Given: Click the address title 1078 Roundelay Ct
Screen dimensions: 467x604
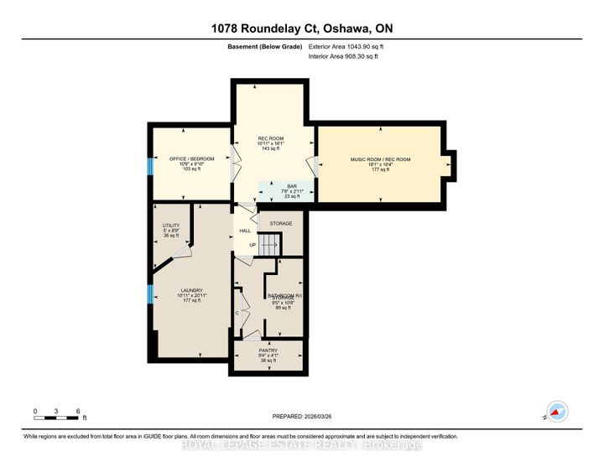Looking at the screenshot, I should click(x=302, y=27).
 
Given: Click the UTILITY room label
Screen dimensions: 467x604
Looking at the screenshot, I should click(x=171, y=226).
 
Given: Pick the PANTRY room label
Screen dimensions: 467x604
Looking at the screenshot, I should click(x=268, y=350).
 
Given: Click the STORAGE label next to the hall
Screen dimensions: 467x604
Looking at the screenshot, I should click(x=281, y=223).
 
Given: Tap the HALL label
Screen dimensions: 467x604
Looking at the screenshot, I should click(x=245, y=231).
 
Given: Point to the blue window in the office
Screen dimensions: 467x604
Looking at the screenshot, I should click(x=150, y=165).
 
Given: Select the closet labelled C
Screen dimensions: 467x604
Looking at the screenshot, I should click(x=238, y=313).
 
